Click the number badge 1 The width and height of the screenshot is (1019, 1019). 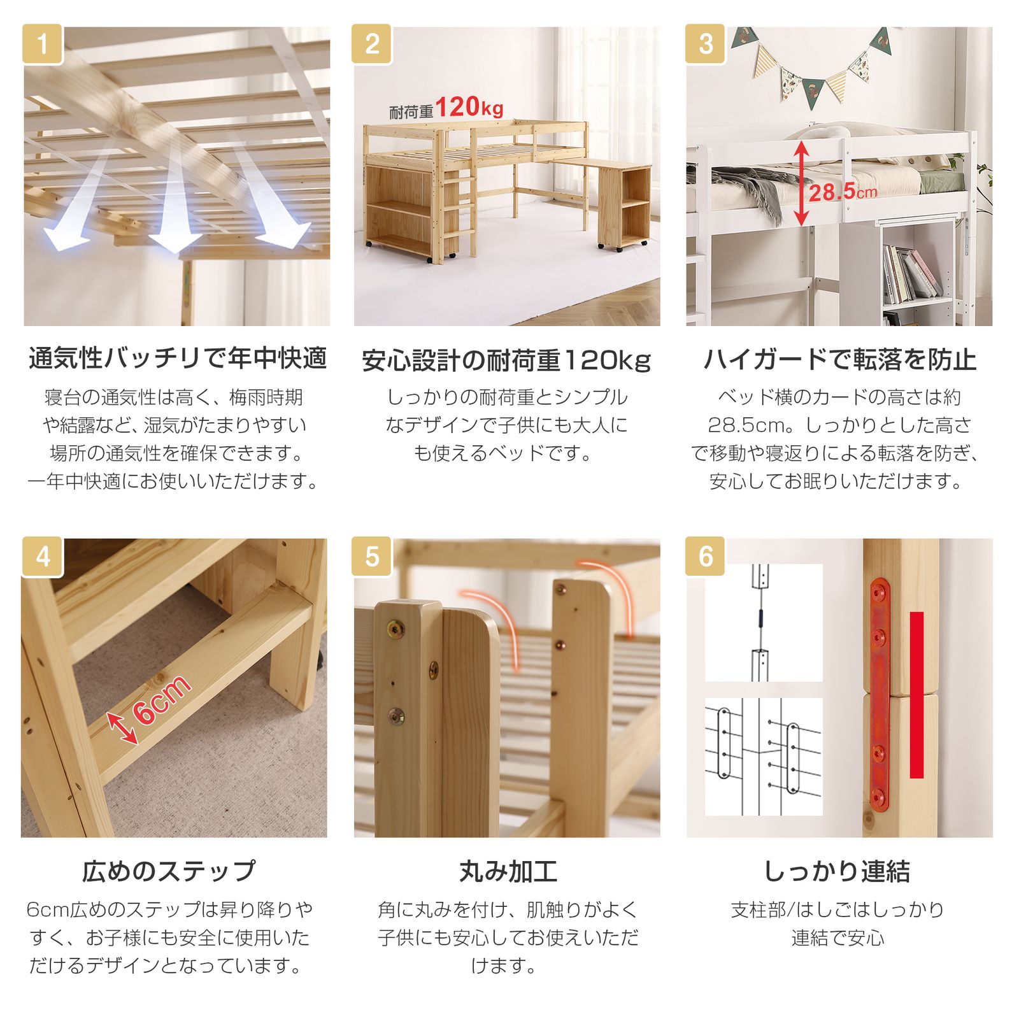pos(43,44)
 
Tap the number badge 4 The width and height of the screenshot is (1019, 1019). pos(43,557)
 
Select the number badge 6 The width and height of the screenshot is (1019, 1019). pos(706,557)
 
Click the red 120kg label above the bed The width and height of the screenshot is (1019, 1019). pos(469,107)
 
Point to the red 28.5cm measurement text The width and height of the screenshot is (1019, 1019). pos(842,190)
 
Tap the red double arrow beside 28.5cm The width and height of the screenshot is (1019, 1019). pos(801,183)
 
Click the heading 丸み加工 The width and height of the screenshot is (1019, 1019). pos(508,871)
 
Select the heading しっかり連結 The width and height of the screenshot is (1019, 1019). pos(837,871)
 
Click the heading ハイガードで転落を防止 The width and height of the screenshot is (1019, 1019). pos(839,359)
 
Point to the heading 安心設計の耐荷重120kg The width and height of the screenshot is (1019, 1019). pos(506,360)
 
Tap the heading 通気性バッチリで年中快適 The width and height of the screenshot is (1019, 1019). pos(177,359)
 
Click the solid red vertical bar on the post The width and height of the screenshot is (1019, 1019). pos(916,695)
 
